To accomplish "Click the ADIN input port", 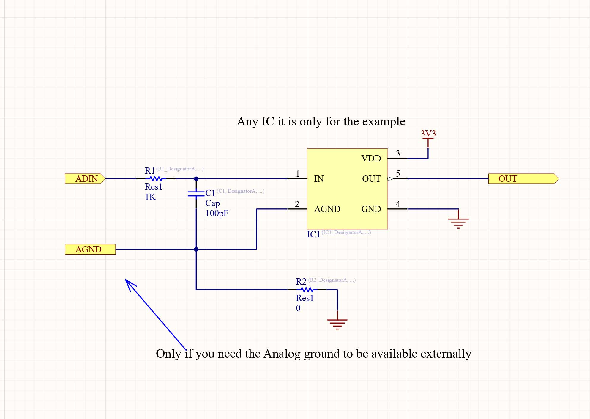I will pos(85,179).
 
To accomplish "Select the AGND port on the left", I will pos(90,249).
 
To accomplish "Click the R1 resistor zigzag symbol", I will pos(156,179).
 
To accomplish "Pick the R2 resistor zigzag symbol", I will pos(307,290).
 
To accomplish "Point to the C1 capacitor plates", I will pos(196,194).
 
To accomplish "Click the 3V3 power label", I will pos(428,134).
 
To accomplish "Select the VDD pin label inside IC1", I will pos(371,159).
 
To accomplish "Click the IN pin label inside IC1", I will pos(319,179).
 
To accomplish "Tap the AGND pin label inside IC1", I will pos(327,209).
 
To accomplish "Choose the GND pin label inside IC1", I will pos(371,209).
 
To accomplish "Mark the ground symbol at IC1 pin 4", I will pos(458,222).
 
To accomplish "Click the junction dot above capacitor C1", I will pos(196,179).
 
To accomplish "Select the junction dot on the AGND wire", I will pos(196,249).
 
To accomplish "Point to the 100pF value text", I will pos(217,213).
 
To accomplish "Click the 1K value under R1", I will pos(150,197).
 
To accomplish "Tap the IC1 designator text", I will pos(313,234).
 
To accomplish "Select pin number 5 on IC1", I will pos(398,173).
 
